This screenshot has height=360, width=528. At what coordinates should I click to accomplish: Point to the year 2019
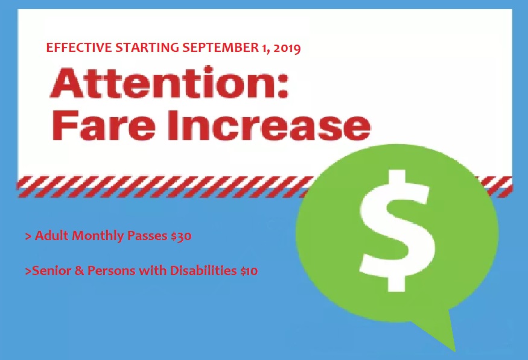287,48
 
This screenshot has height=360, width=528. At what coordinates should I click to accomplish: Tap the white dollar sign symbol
396,230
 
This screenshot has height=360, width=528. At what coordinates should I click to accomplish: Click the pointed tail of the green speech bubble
453,348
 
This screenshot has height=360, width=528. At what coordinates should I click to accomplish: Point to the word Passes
147,236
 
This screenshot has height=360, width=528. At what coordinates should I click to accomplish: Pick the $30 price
181,236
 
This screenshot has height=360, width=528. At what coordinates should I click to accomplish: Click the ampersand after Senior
79,271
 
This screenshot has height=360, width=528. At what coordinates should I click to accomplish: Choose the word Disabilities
203,270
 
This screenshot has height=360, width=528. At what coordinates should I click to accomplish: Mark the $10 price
249,271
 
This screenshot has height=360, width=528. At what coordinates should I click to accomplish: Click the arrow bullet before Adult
28,236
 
